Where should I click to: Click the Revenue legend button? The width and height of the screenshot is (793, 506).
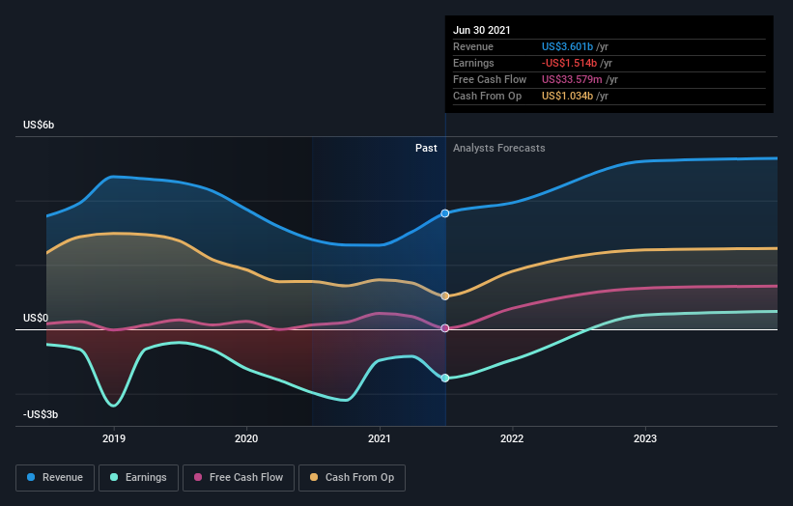[x=56, y=477]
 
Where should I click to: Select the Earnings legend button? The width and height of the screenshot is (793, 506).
[x=138, y=477]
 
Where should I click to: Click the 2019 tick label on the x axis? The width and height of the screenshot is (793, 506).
[x=114, y=438]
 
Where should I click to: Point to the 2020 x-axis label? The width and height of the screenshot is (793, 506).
[x=246, y=438]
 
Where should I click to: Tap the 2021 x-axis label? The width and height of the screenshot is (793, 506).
[x=380, y=438]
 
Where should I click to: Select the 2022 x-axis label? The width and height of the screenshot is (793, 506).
[x=512, y=438]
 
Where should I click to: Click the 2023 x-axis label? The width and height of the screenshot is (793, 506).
[x=644, y=438]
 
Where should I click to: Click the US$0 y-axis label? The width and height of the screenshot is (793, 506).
[x=36, y=318]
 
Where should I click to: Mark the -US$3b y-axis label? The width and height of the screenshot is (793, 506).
[x=41, y=414]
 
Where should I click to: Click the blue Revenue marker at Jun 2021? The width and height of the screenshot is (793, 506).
[x=445, y=213]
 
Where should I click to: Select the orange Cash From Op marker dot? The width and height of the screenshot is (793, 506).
[x=445, y=296]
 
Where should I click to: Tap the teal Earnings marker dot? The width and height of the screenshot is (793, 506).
[x=445, y=378]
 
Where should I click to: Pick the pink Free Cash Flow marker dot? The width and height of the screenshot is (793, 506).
[x=445, y=328]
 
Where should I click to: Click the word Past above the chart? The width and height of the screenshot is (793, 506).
[x=426, y=149]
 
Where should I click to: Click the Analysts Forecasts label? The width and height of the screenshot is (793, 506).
[x=498, y=149]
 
